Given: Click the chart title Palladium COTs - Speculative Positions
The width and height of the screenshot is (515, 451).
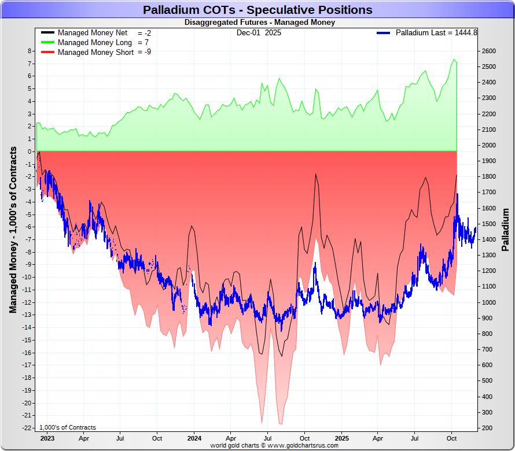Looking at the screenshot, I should (x=257, y=10).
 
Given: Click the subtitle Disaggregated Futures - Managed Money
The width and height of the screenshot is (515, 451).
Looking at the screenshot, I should (x=259, y=23).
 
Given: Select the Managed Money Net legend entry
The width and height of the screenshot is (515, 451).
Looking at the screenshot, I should (x=93, y=33).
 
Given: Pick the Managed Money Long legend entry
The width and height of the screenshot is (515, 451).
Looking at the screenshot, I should (x=95, y=43).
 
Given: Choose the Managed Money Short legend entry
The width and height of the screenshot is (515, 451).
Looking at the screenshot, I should (x=95, y=53).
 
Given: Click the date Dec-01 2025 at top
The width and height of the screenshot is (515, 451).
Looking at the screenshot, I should (x=259, y=33).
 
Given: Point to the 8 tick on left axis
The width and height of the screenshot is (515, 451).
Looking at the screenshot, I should (x=30, y=51).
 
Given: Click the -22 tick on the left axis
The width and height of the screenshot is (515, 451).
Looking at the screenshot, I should (x=26, y=428).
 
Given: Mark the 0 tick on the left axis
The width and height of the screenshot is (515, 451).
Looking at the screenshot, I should (x=30, y=151).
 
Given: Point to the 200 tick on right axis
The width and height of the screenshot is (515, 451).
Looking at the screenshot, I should (x=487, y=428).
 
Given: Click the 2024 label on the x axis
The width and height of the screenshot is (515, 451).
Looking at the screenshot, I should (x=194, y=438).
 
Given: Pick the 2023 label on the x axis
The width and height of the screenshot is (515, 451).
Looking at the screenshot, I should (x=47, y=438).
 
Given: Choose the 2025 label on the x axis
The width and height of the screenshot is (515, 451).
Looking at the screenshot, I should (x=341, y=438).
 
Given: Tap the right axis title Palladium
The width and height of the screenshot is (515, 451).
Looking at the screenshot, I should (x=505, y=230).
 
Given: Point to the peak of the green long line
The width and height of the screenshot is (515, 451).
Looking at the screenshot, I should (x=454, y=60).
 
